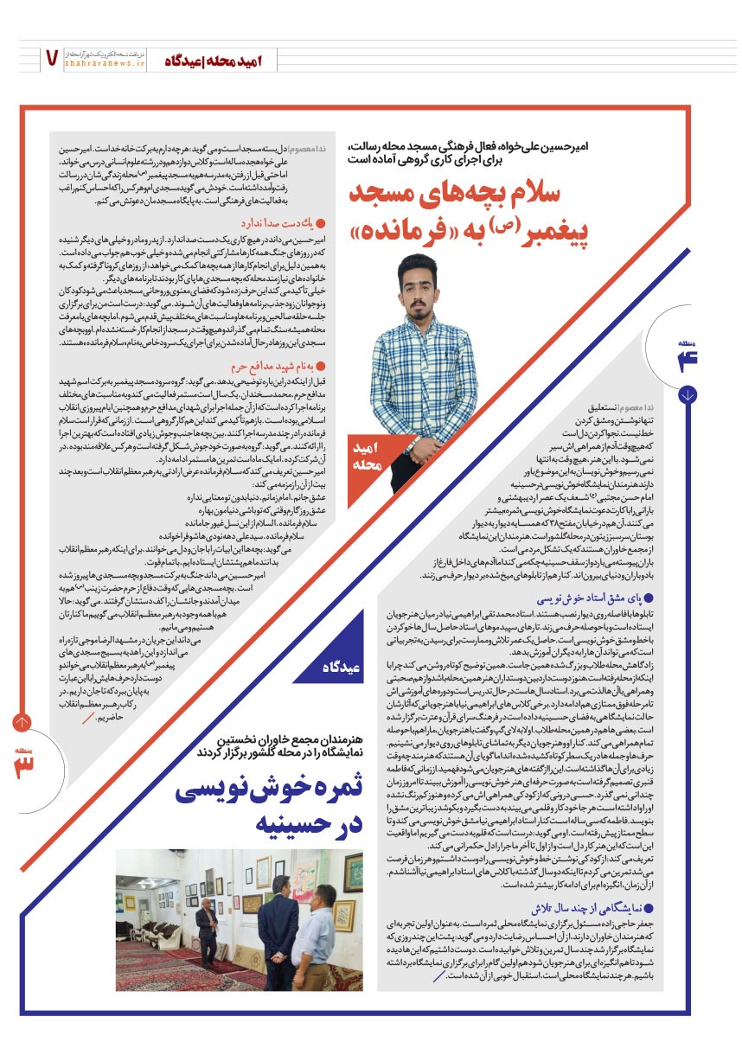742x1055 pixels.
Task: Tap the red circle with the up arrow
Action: click(22, 722)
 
